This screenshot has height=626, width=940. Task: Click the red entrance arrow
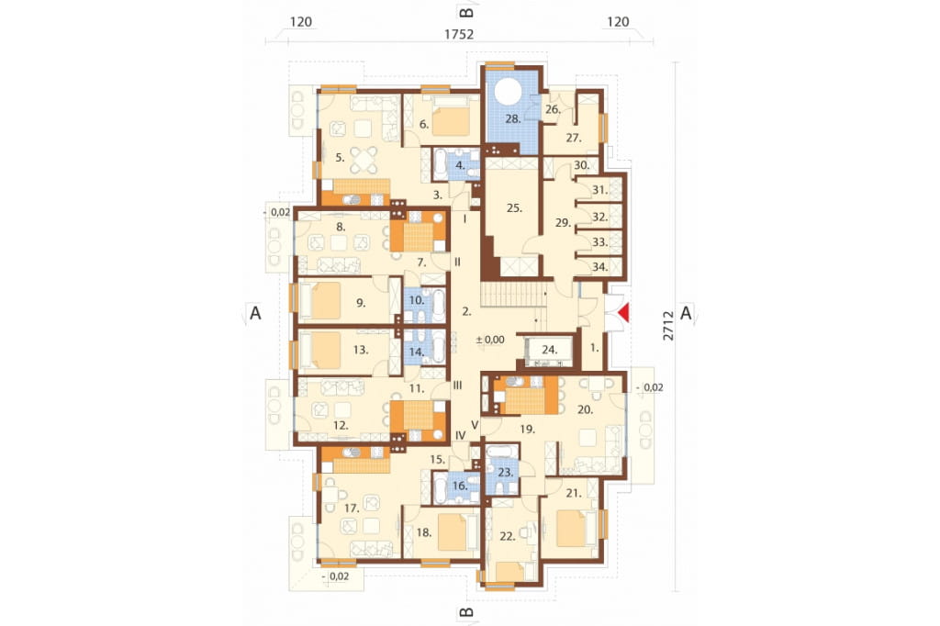[x=624, y=313]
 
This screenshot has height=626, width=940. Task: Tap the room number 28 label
[x=512, y=118]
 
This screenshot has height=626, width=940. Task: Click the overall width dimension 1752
[x=459, y=34]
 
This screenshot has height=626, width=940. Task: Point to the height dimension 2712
[x=668, y=325]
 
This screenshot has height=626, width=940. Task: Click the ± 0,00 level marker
[x=490, y=340]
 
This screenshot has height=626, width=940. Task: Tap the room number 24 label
[x=550, y=349]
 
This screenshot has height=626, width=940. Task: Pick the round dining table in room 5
[x=364, y=160]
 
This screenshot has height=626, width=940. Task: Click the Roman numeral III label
[x=457, y=386]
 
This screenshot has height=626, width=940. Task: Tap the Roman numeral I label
[x=464, y=218]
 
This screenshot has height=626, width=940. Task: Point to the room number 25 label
[x=514, y=208]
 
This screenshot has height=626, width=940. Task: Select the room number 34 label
[x=599, y=267]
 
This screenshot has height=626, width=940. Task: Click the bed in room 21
[x=571, y=528]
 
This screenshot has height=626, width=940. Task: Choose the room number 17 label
[x=352, y=509]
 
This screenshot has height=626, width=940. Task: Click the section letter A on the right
[x=686, y=313]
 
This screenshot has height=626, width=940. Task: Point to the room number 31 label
[x=599, y=190]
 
